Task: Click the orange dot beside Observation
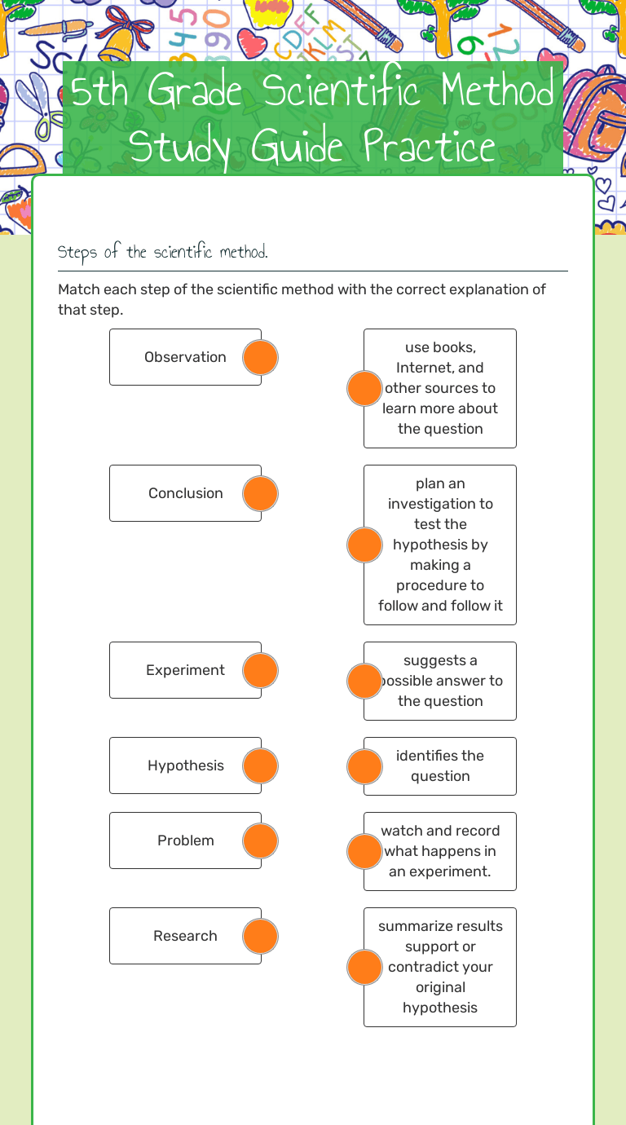[261, 357]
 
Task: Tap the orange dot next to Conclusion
[261, 493]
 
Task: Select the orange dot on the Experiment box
[261, 670]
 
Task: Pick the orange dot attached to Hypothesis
[261, 765]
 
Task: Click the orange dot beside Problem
[261, 840]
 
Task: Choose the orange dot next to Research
[261, 936]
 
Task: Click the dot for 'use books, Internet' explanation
[364, 388]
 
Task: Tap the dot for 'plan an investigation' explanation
[364, 545]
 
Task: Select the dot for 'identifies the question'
[364, 766]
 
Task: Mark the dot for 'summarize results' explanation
[364, 967]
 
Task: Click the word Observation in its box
[185, 357]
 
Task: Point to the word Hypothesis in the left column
[186, 765]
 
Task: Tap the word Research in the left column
[185, 936]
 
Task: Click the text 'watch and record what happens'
[440, 851]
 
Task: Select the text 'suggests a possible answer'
[440, 681]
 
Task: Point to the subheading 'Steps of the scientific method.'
[162, 252]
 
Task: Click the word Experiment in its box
[185, 670]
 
